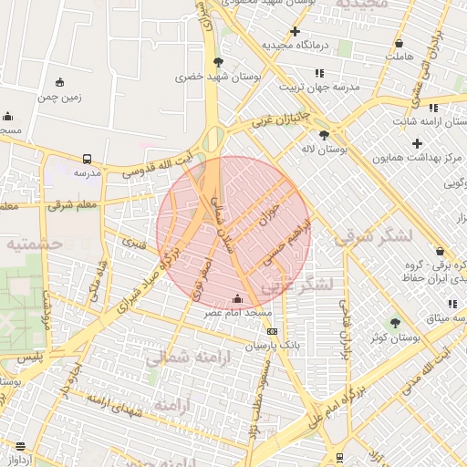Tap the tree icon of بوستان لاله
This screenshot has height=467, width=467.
pos(324,135)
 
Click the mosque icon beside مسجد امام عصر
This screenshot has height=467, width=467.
pos(238,298)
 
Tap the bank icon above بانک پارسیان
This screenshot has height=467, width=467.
pos(271,331)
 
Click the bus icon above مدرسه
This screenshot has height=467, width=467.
pos(87,158)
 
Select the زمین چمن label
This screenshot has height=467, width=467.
pos(60,97)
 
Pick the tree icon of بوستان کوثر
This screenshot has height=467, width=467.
pos(395,322)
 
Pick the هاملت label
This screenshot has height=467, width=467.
pos(399,57)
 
